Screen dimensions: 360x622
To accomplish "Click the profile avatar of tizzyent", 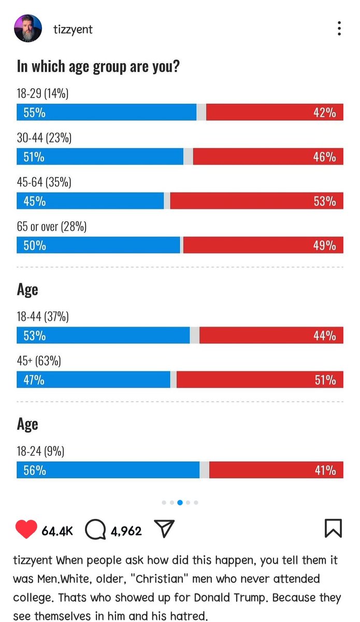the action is (28, 29).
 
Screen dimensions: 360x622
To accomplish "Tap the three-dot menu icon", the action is (339, 29).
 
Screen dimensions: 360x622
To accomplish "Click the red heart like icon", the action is (26, 529).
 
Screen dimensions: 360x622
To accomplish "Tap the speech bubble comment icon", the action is (95, 529).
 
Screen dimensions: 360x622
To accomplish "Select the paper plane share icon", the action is (164, 528).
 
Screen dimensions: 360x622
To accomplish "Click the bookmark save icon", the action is (333, 528).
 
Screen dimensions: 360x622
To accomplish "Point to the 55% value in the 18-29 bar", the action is (34, 113).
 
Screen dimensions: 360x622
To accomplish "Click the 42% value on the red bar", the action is (325, 113).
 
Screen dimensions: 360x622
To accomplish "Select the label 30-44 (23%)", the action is (44, 138).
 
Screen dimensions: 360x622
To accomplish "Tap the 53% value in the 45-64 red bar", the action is (325, 201).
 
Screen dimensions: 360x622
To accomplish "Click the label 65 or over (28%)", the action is (52, 227).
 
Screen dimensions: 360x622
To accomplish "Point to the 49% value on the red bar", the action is (325, 246).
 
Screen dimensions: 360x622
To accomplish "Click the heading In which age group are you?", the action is (98, 67).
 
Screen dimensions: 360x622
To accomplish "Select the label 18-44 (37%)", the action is (43, 317).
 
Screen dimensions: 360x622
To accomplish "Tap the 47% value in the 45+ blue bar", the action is (34, 380).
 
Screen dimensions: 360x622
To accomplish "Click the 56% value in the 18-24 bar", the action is (35, 471).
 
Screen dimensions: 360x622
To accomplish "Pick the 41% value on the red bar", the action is (325, 471).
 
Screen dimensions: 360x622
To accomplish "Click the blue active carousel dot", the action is (180, 502).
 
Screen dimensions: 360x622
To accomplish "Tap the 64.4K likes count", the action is (57, 531).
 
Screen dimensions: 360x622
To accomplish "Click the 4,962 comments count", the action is (126, 531).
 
